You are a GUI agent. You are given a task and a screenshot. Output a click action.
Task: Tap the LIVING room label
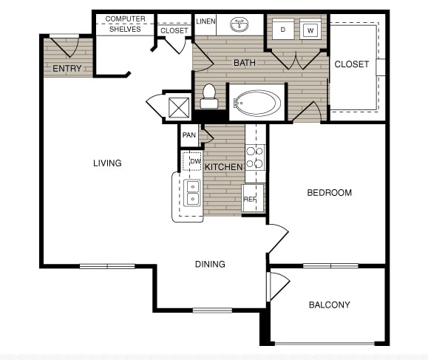[x=107, y=163]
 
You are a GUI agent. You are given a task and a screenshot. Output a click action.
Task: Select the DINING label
[x=210, y=264]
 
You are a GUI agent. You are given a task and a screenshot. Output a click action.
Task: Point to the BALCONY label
[x=329, y=305]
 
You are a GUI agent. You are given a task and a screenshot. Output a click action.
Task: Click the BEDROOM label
[x=329, y=193]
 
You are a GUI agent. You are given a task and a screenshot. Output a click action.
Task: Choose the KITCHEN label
[x=223, y=167]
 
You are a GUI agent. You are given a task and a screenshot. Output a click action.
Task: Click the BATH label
[x=245, y=63]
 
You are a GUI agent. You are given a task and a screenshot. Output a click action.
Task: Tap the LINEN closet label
[x=205, y=21]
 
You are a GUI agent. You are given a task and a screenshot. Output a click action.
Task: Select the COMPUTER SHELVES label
[x=125, y=24]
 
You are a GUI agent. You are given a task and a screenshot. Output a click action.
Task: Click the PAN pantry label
[x=189, y=135]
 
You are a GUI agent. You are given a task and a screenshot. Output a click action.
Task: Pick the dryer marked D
[x=284, y=30]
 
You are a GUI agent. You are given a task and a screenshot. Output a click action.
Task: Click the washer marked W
[x=310, y=30]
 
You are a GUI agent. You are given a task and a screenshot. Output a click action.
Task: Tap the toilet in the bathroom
[x=208, y=95]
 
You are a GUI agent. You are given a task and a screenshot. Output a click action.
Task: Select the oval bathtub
[x=257, y=102]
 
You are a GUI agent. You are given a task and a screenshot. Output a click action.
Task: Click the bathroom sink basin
[x=240, y=25]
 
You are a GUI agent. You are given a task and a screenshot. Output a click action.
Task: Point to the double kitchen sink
[x=192, y=192]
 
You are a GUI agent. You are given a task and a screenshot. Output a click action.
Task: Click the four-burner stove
[x=255, y=157]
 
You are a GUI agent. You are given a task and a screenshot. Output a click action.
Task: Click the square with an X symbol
[x=179, y=107]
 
